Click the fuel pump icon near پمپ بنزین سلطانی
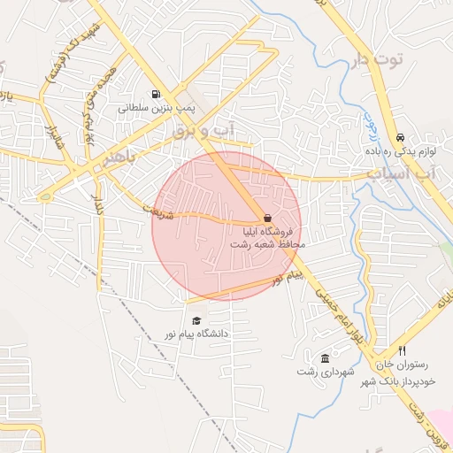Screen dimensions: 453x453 click(157, 95)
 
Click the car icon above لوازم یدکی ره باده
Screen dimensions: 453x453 click(401, 138)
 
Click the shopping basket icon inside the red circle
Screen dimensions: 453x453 click(266, 218)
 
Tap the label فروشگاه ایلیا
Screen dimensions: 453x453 click(274, 231)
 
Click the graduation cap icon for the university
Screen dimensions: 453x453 click(196, 320)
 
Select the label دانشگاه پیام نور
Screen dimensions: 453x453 click(196, 334)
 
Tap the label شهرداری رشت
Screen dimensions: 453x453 click(326, 372)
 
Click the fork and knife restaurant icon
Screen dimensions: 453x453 click(403, 350)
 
